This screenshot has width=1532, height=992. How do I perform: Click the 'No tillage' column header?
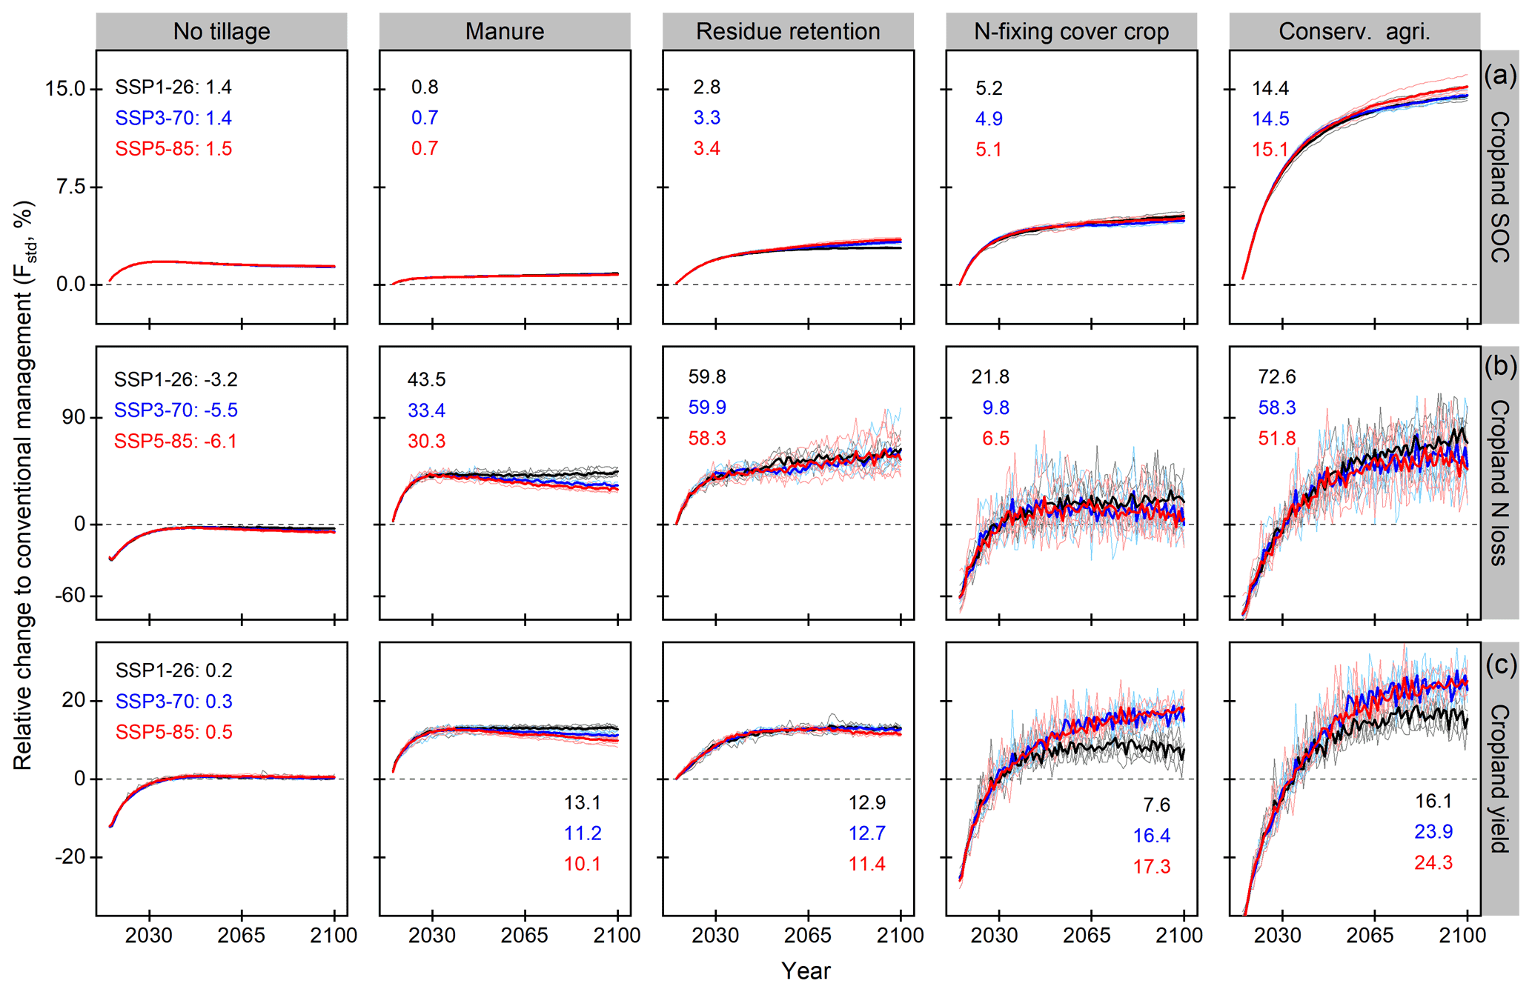(x=222, y=31)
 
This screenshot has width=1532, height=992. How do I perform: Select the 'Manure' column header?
(x=505, y=31)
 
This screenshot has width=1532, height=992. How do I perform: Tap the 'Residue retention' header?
(x=788, y=31)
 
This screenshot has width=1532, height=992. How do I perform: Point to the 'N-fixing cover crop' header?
(x=1071, y=31)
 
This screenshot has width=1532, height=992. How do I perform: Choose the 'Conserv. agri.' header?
(x=1354, y=31)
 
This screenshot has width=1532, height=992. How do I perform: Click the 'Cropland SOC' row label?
(x=1499, y=187)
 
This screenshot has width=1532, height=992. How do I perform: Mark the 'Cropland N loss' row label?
(x=1499, y=482)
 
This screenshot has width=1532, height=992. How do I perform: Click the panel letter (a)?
(x=1500, y=75)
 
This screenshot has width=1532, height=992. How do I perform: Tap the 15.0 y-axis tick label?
(x=65, y=89)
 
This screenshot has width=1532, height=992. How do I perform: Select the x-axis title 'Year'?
(x=806, y=971)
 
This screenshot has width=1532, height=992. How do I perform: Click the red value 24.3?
(x=1433, y=862)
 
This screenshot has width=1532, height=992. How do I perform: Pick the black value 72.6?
(x=1276, y=377)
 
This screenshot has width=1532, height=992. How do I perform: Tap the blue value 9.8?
(x=995, y=407)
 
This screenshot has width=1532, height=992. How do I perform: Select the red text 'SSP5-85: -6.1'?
(x=176, y=442)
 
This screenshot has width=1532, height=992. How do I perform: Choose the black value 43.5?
(x=426, y=379)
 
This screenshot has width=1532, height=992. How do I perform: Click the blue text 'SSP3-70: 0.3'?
(x=174, y=701)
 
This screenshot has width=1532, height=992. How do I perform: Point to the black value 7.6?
(x=1156, y=805)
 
